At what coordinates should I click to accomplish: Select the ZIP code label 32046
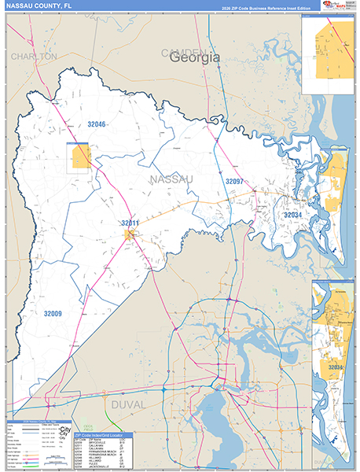[96, 124]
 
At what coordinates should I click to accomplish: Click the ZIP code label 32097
[236, 182]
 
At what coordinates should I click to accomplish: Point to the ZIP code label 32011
[130, 223]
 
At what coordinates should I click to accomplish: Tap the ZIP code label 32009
[53, 314]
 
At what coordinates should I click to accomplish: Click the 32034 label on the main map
[292, 215]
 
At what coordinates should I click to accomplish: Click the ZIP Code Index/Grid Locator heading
[104, 434]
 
